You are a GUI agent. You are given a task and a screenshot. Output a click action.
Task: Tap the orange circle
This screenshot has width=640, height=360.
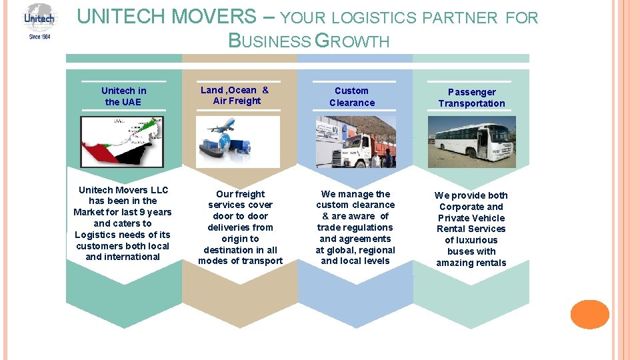point(590,314)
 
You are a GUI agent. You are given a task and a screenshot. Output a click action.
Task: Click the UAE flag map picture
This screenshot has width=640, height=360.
point(123,141)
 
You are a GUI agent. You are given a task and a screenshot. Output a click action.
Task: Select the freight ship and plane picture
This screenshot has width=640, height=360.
point(237,141)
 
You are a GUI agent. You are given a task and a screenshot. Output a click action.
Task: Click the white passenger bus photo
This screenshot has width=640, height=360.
point(471,141)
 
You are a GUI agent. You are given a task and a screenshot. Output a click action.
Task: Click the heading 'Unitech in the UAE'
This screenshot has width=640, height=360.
point(123,96)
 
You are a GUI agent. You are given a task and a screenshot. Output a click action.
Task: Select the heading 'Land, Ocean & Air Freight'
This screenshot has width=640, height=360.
point(236,95)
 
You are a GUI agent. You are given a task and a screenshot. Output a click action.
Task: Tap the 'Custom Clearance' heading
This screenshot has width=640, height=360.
point(351,97)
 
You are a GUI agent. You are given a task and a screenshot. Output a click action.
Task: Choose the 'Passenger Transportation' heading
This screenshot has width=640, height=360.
point(471,97)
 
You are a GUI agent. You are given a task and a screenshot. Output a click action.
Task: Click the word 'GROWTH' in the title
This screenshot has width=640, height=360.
point(351,41)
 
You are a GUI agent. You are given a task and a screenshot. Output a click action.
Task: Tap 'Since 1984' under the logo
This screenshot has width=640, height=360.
point(39,36)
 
